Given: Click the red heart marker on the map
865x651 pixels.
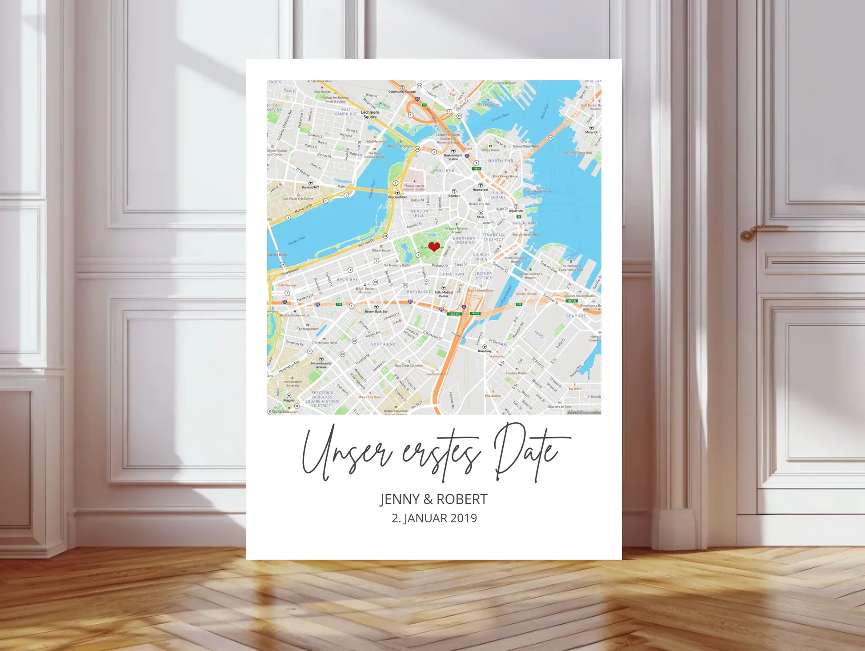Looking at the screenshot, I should [434, 246].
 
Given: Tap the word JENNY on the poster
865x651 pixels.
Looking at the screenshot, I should [400, 499].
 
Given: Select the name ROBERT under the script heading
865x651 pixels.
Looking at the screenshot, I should [462, 499].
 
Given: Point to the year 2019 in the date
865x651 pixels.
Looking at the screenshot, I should [464, 518].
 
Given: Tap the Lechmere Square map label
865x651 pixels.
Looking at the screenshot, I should [370, 115].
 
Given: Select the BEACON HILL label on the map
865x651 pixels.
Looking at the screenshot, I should [420, 213].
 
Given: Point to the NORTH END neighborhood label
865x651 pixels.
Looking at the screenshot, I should [501, 161].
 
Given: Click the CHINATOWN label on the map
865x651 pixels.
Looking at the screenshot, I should [451, 274].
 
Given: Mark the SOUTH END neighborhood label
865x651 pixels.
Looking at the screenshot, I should [383, 344].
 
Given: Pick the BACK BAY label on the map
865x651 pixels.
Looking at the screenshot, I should [347, 280].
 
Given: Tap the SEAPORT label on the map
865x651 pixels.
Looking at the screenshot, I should [576, 316].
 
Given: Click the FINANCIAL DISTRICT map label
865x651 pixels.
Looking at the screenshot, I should [493, 237].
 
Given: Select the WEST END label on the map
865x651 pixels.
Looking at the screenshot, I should [443, 171].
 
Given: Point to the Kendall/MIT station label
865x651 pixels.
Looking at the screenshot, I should [311, 187].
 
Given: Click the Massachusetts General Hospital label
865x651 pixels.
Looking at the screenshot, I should [414, 187].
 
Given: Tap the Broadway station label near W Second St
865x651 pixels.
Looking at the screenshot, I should [485, 351].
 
